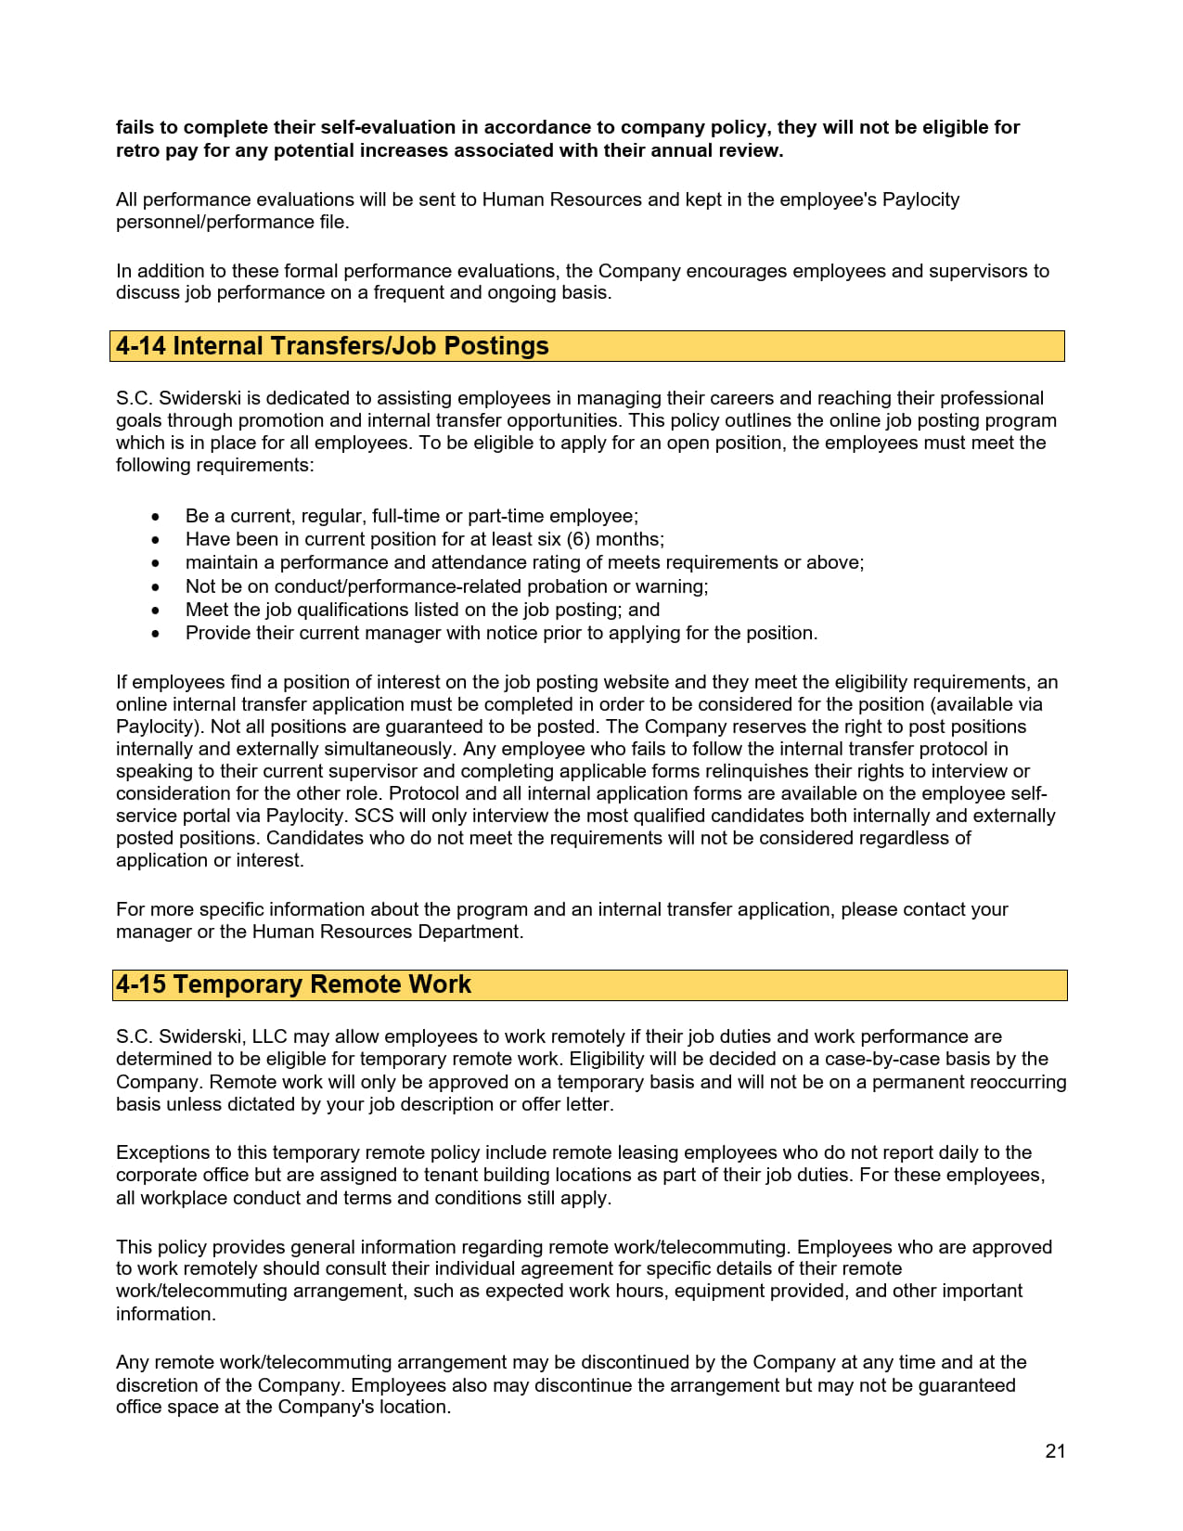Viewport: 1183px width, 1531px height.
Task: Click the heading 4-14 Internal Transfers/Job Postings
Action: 332,346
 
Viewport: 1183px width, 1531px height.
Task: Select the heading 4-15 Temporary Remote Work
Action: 293,984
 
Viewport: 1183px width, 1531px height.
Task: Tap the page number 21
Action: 1055,1451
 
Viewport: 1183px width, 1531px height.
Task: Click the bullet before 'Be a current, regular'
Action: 155,517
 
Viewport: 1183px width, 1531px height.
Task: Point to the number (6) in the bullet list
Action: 577,539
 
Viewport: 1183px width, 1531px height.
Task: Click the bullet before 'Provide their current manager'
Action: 155,634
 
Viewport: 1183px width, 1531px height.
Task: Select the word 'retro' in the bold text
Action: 137,150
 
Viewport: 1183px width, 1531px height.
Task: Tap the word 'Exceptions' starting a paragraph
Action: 162,1152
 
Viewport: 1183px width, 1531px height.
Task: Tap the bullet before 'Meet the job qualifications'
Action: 155,611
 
